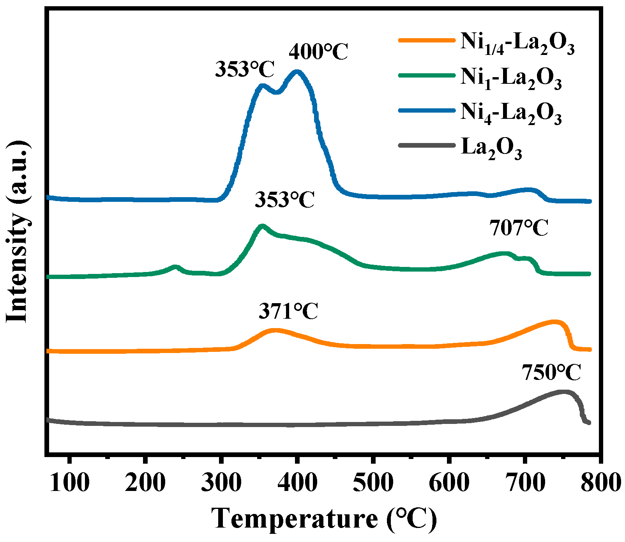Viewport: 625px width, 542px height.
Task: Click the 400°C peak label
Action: (x=318, y=52)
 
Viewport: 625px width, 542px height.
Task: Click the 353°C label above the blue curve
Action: (x=245, y=70)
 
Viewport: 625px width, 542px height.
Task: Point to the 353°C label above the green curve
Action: (x=285, y=200)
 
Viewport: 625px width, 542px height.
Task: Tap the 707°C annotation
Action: (x=519, y=228)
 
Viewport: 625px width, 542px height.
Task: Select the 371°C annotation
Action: (x=288, y=312)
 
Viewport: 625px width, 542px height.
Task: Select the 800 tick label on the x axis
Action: (x=601, y=483)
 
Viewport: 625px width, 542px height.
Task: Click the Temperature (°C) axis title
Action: (x=324, y=519)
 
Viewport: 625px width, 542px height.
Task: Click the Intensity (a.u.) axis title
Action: (x=18, y=231)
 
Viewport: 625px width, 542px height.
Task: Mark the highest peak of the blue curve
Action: (x=297, y=72)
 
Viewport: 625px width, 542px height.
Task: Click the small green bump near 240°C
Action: (x=175, y=267)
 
